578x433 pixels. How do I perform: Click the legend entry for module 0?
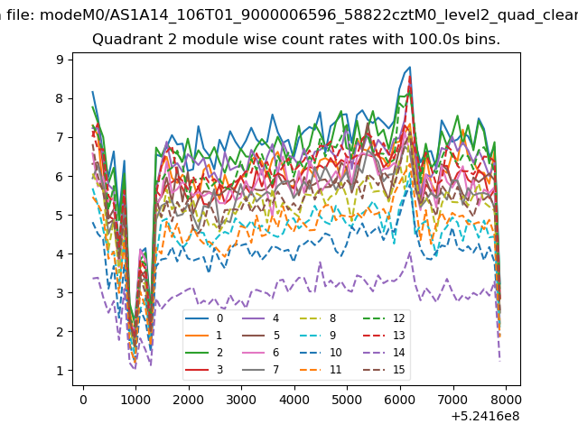[x=204, y=318]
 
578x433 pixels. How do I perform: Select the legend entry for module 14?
[x=384, y=353]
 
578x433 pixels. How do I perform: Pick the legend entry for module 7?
[x=261, y=369]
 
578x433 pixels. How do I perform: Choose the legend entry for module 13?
[x=384, y=335]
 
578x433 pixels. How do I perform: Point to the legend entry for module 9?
[x=320, y=335]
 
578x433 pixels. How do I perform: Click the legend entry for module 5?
[x=261, y=335]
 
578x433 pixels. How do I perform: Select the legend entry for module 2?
[x=204, y=353]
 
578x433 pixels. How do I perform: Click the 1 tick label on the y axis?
[x=61, y=371]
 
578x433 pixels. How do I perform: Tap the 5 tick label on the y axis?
[x=61, y=215]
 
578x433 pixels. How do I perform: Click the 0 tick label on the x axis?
[x=83, y=400]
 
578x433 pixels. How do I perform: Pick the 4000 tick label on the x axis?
[x=294, y=400]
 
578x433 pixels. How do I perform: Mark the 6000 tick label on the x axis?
[x=400, y=400]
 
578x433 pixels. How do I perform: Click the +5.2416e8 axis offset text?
[x=485, y=416]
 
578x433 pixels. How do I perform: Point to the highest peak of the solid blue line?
[x=410, y=67]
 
